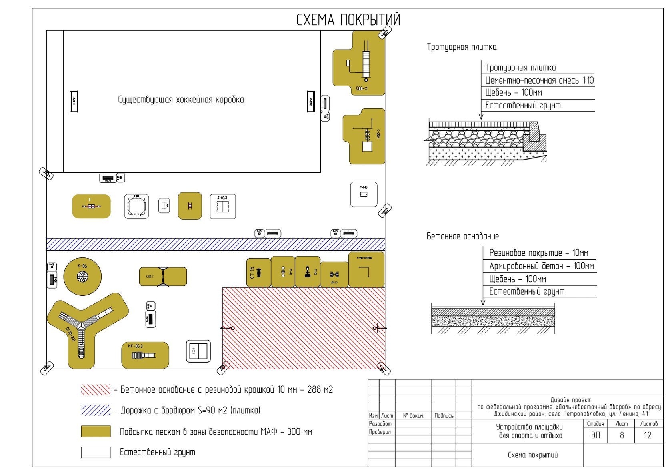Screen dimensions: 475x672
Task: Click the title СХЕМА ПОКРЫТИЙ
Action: point(348,20)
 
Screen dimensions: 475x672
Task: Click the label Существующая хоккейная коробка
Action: point(181,100)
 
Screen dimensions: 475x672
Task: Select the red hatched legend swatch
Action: point(96,390)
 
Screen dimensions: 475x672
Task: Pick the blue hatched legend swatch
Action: point(96,410)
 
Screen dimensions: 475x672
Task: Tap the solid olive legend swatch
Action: point(96,431)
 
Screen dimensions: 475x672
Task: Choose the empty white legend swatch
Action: point(96,452)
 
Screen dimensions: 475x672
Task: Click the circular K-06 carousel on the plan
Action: point(82,276)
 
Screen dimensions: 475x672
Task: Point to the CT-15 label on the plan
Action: point(252,273)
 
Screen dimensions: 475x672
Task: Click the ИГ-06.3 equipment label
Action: point(135,346)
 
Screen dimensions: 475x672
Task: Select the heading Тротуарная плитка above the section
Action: point(462,47)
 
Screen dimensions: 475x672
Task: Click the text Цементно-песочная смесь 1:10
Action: point(539,80)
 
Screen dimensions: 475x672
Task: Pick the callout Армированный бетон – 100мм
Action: point(541,266)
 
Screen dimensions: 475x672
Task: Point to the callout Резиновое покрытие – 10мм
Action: point(538,253)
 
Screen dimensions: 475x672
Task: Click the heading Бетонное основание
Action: point(462,236)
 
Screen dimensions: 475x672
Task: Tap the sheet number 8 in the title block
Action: point(622,435)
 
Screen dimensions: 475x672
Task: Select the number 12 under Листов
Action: point(648,435)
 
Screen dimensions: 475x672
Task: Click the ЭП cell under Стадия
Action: point(596,435)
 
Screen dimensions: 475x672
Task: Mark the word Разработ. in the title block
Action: point(380,423)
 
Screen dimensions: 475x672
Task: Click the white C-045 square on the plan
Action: point(364,194)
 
